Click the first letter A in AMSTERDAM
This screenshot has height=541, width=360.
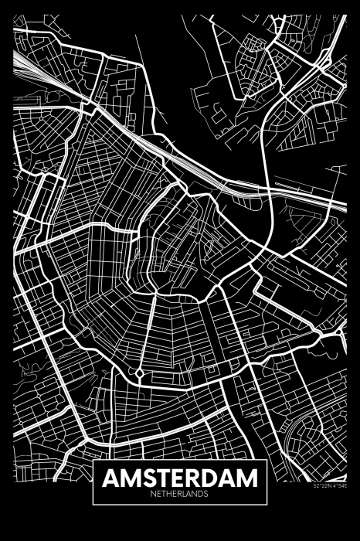[112, 478]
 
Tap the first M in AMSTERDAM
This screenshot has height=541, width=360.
[131, 478]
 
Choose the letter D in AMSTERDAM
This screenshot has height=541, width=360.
[212, 478]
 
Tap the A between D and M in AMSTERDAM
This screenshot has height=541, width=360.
[230, 478]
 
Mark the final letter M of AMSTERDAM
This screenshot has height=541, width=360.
[249, 478]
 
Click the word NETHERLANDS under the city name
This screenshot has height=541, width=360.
[180, 493]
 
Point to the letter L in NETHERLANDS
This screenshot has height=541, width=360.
[185, 493]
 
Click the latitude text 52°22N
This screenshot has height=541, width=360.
[322, 486]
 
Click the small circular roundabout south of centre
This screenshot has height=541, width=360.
[139, 373]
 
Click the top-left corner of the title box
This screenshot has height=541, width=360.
[93, 463]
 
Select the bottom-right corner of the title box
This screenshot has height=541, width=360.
[267, 504]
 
